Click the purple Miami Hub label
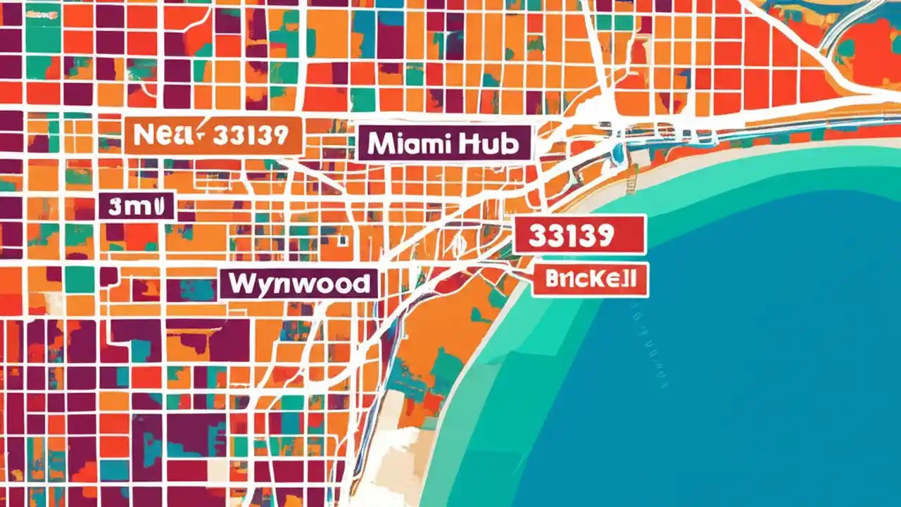pos(444,144)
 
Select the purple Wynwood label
pos(298,283)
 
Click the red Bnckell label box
pos(589,280)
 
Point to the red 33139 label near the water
pos(579,234)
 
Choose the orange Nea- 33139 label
pos(213,135)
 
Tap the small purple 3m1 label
pos(137,206)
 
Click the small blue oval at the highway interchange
pos(617,152)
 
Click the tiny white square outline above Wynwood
pos(343,240)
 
